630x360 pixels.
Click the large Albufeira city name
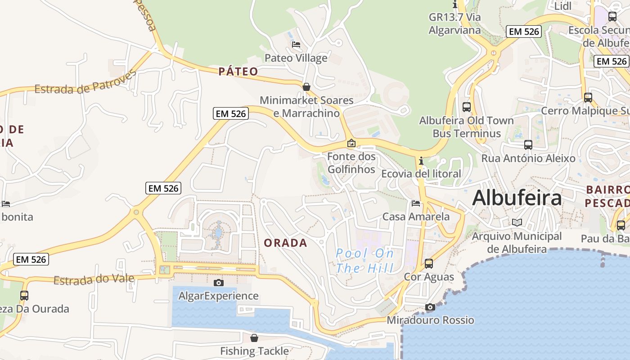[x=517, y=198]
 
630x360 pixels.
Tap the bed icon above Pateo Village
[x=296, y=45]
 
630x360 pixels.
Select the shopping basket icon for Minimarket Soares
[x=306, y=86]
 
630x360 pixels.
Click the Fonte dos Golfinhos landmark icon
[x=351, y=143]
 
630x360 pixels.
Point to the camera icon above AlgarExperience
[x=219, y=283]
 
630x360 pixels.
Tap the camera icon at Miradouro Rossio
[x=430, y=307]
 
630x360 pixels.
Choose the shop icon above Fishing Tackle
[x=254, y=337]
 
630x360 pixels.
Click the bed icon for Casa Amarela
[x=416, y=203]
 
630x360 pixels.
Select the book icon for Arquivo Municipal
[x=517, y=222]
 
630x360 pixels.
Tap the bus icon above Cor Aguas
[x=429, y=263]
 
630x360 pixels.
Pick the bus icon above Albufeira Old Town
[x=467, y=107]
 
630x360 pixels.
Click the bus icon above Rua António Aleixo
[x=528, y=145]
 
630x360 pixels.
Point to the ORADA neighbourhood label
[x=286, y=243]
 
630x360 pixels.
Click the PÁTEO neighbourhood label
[x=238, y=71]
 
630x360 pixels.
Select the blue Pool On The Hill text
[x=364, y=261]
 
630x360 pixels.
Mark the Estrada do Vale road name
[x=94, y=280]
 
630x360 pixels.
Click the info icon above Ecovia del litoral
[x=421, y=161]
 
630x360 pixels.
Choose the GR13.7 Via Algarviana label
[x=454, y=24]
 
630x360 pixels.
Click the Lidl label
[x=563, y=6]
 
